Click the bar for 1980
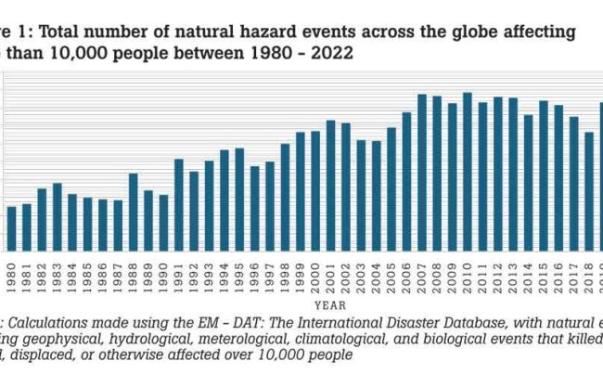click(x=12, y=228)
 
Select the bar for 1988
click(x=134, y=213)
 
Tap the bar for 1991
click(x=179, y=205)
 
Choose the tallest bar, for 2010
click(x=467, y=172)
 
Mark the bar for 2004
click(x=376, y=196)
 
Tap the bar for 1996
click(x=254, y=209)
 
